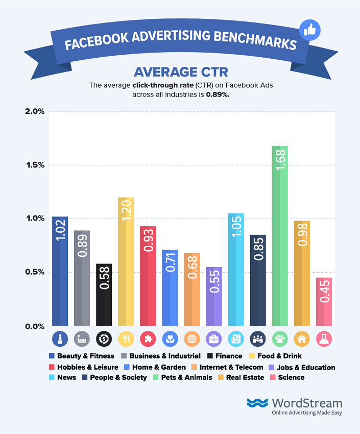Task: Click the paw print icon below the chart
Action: pos(280,338)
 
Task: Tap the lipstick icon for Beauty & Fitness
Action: pos(60,338)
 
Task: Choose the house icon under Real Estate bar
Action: pos(302,338)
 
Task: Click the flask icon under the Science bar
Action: pos(324,338)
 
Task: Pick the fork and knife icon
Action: pos(126,338)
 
